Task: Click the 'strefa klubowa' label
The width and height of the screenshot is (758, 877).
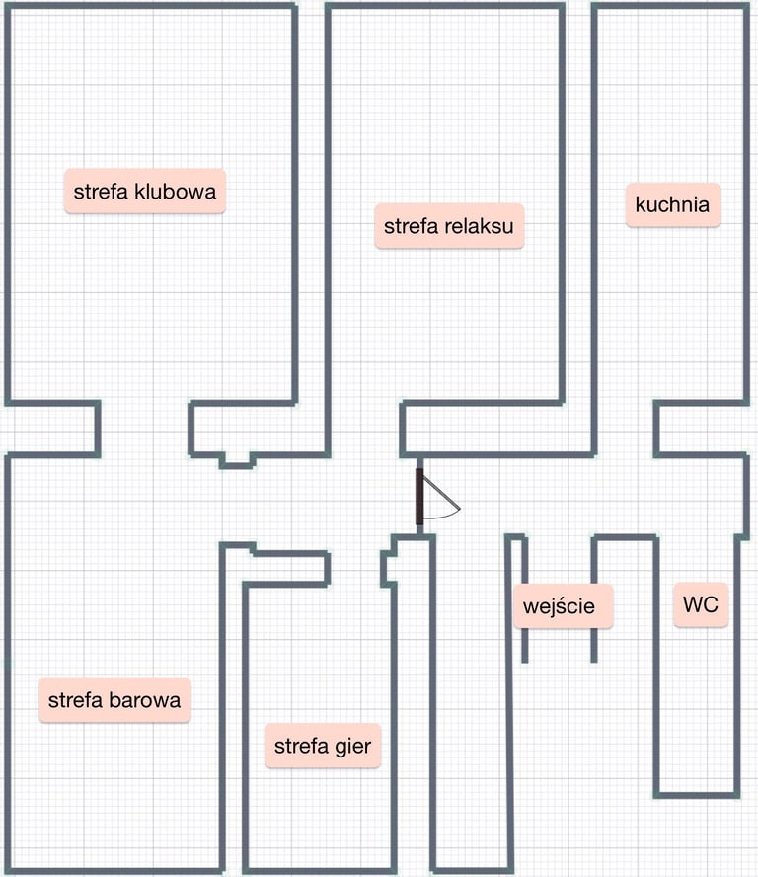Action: pyautogui.click(x=145, y=191)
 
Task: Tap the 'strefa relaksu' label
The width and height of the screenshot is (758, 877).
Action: pyautogui.click(x=449, y=226)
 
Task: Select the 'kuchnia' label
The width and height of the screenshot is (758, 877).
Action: pyautogui.click(x=672, y=205)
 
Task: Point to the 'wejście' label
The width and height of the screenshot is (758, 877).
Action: pyautogui.click(x=562, y=605)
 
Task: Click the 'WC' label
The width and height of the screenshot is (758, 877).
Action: pyautogui.click(x=701, y=603)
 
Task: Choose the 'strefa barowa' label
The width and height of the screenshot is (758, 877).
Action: pyautogui.click(x=114, y=700)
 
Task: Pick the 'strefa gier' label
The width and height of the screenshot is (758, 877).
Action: pyautogui.click(x=322, y=746)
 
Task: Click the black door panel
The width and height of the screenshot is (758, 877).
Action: pyautogui.click(x=419, y=496)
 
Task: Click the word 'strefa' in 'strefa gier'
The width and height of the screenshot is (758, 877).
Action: pyautogui.click(x=299, y=746)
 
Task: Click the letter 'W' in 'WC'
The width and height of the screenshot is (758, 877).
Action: pyautogui.click(x=693, y=603)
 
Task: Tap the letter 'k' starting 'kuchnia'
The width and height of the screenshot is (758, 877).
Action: pyautogui.click(x=641, y=205)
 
